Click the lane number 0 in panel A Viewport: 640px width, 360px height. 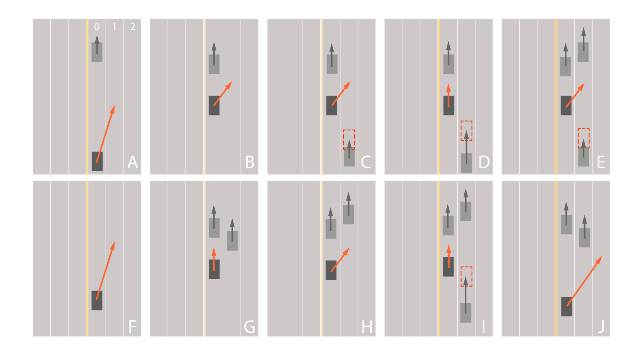click(96, 26)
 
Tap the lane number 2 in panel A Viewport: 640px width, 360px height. click(132, 26)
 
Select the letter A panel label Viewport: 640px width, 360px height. click(132, 162)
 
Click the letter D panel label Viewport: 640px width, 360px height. click(484, 162)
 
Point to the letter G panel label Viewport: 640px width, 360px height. click(250, 326)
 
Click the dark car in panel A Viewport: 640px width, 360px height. click(97, 162)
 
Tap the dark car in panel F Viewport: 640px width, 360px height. click(97, 300)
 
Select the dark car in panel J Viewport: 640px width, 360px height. click(566, 306)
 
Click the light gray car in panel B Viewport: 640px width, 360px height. click(214, 64)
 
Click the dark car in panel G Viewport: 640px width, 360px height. click(214, 269)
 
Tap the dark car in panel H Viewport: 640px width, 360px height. click(331, 270)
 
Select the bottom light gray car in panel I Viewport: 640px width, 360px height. click(466, 313)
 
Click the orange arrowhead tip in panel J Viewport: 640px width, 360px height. click(602, 256)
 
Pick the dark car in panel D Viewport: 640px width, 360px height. click(448, 106)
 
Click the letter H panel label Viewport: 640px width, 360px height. click(367, 327)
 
